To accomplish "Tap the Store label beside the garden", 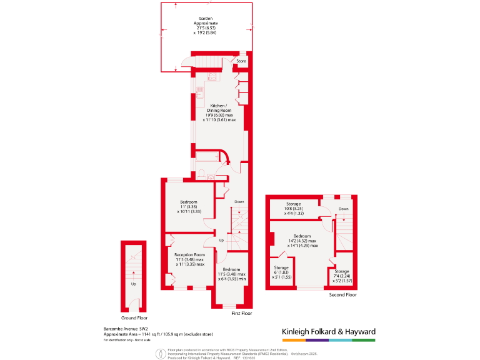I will (x=241, y=61).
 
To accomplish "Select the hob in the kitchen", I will (x=212, y=77).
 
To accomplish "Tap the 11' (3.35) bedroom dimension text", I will (x=189, y=207).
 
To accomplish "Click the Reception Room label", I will (x=190, y=255).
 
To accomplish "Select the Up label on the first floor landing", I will (x=221, y=240).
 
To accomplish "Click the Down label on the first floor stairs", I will (x=239, y=202).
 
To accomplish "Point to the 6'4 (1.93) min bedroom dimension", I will (x=231, y=279).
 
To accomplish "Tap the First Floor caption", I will (x=241, y=313).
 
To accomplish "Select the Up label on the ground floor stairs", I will (x=133, y=284).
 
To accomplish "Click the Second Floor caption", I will (x=342, y=294).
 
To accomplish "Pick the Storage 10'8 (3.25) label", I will (x=294, y=204).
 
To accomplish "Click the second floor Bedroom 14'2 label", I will (x=302, y=236).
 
